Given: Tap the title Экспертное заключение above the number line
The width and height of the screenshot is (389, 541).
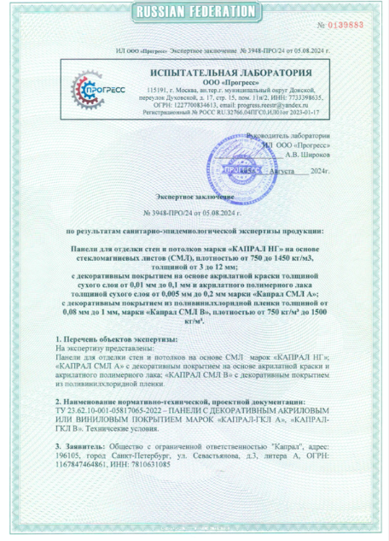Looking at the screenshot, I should pos(194,196).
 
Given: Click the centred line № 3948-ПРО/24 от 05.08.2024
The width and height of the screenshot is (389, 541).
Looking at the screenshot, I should pos(194,211).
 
